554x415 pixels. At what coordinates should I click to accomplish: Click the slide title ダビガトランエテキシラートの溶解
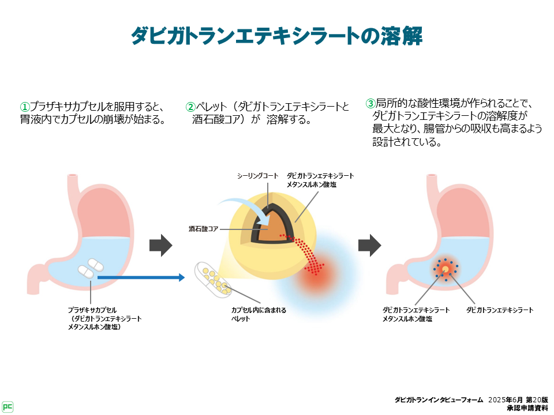click(276, 36)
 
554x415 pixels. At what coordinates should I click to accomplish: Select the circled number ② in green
click(190, 107)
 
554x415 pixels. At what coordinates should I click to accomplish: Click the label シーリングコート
click(257, 175)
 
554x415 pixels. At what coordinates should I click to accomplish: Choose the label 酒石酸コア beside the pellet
click(204, 229)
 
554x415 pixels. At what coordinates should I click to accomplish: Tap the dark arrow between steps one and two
click(161, 246)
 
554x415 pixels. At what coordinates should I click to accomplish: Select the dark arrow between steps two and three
click(370, 246)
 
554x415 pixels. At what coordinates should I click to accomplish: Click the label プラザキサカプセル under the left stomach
click(92, 310)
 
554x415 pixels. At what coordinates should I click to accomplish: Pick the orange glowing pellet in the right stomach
click(445, 269)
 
